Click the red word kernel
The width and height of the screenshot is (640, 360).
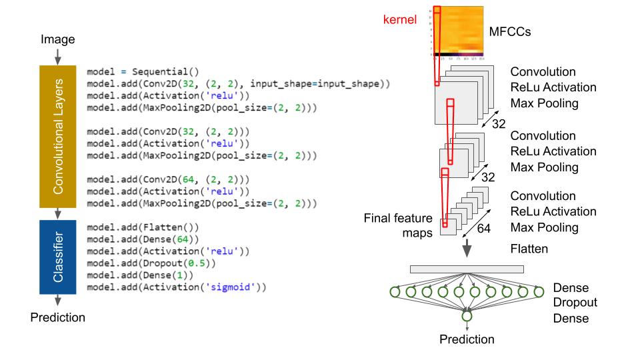click(399, 20)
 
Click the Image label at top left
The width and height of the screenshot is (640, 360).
click(57, 40)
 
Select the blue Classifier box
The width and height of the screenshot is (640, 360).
click(58, 257)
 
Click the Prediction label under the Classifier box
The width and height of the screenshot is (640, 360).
click(58, 317)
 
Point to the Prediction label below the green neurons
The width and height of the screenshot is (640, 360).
click(467, 339)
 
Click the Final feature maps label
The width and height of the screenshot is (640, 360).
click(398, 225)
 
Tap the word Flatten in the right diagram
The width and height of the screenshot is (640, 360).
click(529, 249)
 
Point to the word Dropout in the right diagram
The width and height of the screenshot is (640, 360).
click(575, 303)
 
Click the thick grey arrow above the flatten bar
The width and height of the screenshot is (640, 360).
click(467, 249)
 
